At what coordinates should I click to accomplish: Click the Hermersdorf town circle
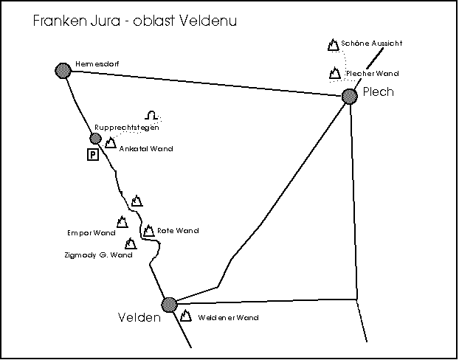tap(63, 69)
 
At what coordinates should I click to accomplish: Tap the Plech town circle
tap(350, 96)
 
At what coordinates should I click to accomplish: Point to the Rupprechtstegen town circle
tap(95, 138)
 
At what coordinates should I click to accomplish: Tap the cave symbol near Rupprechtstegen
tap(151, 116)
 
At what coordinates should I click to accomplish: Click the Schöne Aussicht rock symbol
tap(333, 45)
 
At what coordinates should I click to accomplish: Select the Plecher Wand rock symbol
tap(334, 73)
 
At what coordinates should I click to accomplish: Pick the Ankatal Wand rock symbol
tap(110, 143)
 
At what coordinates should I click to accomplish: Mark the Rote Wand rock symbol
tap(148, 231)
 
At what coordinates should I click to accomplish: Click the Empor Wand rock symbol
tap(122, 221)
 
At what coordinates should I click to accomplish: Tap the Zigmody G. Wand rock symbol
tap(131, 243)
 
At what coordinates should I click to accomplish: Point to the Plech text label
tap(379, 92)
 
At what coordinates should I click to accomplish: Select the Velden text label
tap(139, 318)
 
